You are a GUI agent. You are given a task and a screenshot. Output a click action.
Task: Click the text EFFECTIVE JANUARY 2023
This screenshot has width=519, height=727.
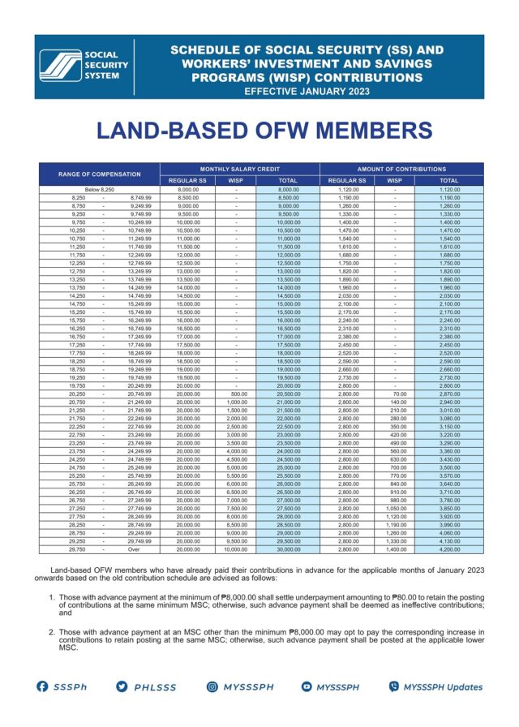(x=307, y=91)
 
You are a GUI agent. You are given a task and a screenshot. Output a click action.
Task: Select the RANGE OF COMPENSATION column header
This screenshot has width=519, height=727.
(x=99, y=174)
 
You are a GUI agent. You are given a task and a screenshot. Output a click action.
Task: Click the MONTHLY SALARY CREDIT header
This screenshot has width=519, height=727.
(x=239, y=169)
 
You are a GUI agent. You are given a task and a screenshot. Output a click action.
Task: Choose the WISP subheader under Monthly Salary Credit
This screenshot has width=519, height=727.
(x=235, y=180)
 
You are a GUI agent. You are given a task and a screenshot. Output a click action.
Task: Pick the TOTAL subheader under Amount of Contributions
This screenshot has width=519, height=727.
(x=448, y=180)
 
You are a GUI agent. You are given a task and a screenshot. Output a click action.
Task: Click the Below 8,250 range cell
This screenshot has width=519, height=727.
(x=100, y=189)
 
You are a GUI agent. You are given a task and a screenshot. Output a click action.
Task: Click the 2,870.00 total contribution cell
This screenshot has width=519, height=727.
(x=448, y=415)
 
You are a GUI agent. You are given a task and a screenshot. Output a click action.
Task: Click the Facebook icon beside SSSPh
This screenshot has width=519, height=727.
(x=44, y=686)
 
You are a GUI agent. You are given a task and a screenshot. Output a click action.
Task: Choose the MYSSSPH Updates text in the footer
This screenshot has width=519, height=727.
(x=442, y=686)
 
